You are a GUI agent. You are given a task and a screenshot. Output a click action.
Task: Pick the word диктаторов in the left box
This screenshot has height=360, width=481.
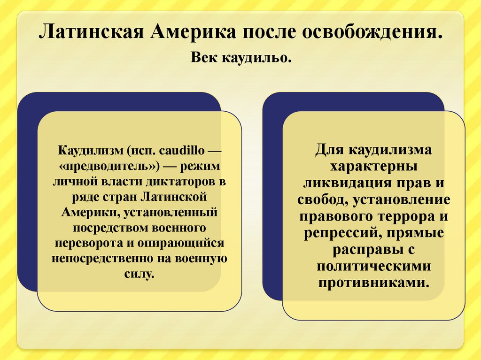pyautogui.click(x=189, y=182)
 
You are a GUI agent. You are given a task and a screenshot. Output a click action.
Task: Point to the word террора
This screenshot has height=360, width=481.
pyautogui.click(x=407, y=217)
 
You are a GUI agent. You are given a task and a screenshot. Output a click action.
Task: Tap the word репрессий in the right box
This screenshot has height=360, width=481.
pyautogui.click(x=338, y=233)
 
